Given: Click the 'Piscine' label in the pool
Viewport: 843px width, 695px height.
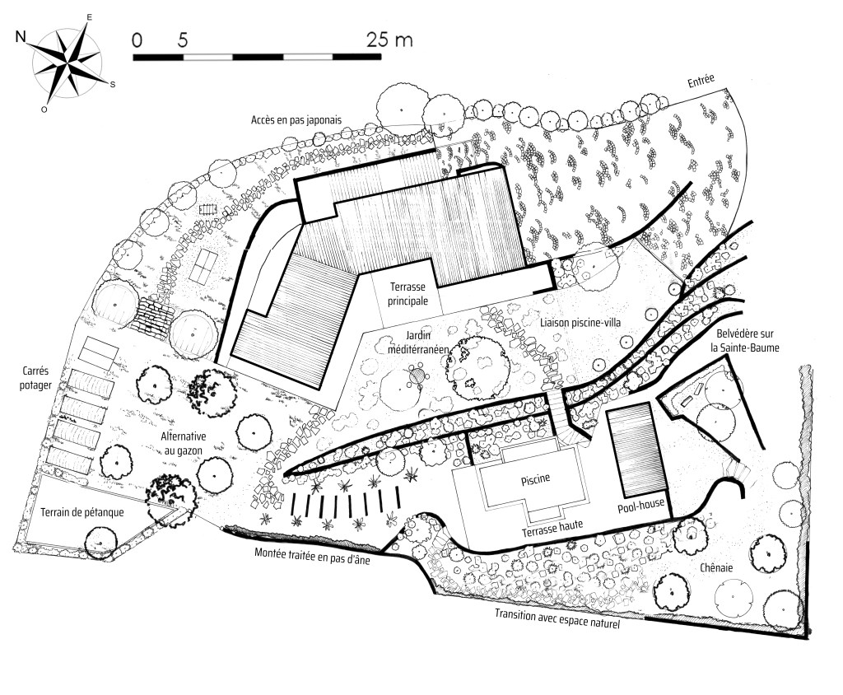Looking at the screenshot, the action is coord(535,478).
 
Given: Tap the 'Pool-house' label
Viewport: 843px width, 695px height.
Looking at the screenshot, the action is coord(640,505).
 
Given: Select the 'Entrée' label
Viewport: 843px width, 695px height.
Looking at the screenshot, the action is coord(701,81).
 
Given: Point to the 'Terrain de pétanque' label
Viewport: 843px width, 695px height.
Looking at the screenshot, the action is coord(82,512).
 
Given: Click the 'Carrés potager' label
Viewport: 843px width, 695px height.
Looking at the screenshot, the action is coord(35,378).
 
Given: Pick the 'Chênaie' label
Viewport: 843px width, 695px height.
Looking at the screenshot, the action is coord(717,567).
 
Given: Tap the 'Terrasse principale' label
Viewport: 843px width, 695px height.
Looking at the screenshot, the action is coord(408,294).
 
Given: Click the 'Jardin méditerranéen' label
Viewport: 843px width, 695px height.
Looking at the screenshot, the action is coord(418,342).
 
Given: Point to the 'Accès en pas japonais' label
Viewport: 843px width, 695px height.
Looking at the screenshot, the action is coord(296,120).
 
